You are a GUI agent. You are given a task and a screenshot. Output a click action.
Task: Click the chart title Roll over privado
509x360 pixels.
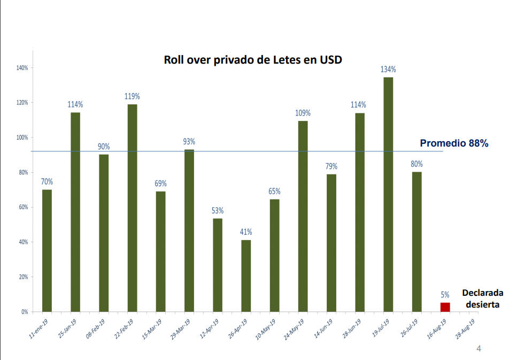(x=252, y=59)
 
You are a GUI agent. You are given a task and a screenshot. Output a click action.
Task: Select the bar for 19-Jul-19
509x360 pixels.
(x=388, y=194)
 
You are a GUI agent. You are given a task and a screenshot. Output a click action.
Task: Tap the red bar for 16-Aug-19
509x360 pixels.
(x=445, y=307)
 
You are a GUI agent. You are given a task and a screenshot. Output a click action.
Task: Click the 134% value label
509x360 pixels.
(x=388, y=70)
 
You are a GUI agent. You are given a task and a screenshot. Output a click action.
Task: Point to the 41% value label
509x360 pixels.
(x=246, y=232)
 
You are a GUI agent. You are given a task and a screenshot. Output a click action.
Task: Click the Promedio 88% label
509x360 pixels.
(x=454, y=143)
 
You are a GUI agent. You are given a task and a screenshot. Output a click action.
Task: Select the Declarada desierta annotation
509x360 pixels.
(x=482, y=298)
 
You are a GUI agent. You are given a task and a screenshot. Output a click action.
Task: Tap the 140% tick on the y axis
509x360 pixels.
(x=22, y=68)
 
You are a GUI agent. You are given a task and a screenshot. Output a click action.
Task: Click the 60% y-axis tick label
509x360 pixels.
(x=24, y=208)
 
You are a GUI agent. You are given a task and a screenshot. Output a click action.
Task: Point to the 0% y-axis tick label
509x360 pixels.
(x=25, y=312)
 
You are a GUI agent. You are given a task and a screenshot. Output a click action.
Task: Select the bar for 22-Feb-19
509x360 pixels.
(x=132, y=208)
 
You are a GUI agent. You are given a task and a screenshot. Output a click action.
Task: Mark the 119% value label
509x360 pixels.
(x=132, y=96)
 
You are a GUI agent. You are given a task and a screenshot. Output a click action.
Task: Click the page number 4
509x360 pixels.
(x=479, y=349)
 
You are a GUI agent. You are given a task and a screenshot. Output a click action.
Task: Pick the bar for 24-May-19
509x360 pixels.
(x=303, y=216)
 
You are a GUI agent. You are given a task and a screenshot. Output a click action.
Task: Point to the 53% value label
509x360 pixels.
(x=218, y=211)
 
